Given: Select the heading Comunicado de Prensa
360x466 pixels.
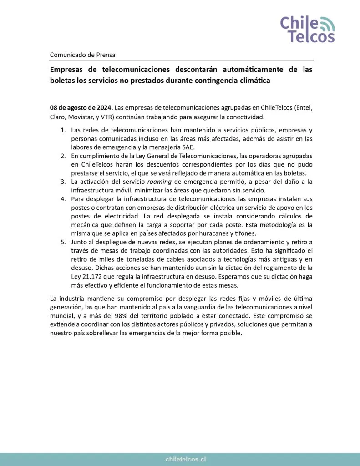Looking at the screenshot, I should click(82, 55).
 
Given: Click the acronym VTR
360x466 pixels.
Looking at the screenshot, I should click(107, 116).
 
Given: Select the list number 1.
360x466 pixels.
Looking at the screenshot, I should click(63, 131).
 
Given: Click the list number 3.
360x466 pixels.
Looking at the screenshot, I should click(63, 182).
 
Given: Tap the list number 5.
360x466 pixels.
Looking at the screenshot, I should click(63, 242).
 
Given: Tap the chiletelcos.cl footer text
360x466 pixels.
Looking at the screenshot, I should click(180, 460).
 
